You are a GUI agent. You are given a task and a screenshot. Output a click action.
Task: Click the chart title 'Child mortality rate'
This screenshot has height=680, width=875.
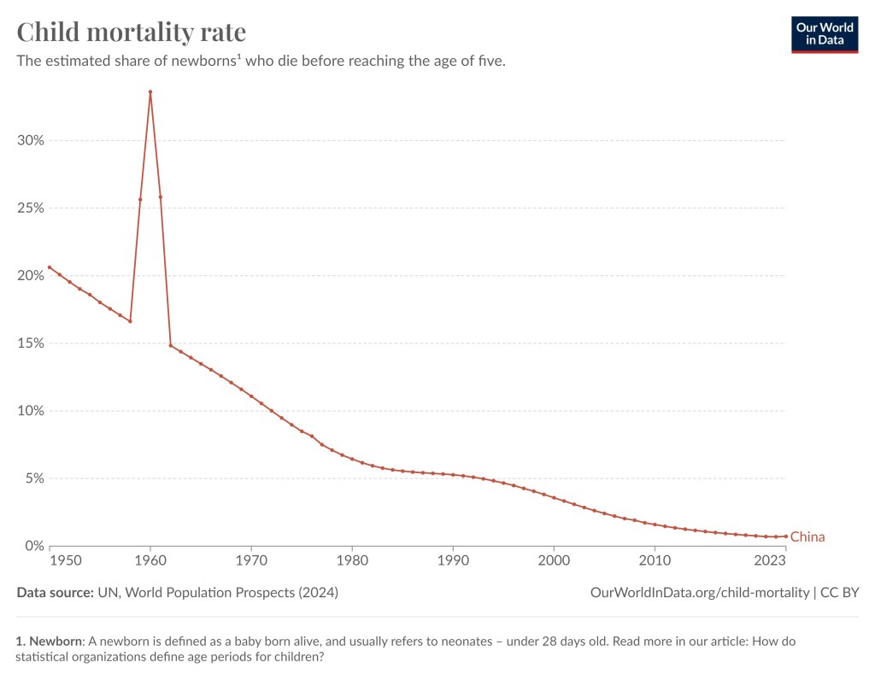(x=132, y=32)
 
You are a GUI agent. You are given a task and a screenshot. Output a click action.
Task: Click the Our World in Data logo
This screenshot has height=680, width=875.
(x=824, y=34)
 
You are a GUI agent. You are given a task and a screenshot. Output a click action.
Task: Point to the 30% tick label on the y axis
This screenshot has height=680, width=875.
(x=31, y=140)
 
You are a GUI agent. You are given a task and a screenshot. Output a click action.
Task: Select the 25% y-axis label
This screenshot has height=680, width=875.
(x=31, y=208)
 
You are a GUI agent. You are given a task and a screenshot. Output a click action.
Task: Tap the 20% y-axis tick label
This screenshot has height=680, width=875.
(x=31, y=275)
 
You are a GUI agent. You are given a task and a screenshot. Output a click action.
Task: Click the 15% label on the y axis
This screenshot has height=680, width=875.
(x=31, y=343)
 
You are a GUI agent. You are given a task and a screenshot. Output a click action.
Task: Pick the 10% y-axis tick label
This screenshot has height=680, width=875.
(x=31, y=410)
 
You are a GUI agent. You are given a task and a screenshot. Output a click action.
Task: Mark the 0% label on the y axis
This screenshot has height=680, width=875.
(x=34, y=545)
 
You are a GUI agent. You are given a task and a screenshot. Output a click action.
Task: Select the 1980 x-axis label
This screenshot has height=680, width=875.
(x=352, y=560)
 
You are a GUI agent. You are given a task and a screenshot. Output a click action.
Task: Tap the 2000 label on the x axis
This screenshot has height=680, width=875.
(x=554, y=560)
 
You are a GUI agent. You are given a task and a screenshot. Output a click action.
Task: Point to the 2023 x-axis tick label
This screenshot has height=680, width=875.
(x=770, y=560)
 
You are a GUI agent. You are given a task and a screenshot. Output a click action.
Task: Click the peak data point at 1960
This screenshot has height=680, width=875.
(x=150, y=91)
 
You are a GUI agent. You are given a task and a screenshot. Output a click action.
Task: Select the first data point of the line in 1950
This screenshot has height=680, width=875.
(x=50, y=267)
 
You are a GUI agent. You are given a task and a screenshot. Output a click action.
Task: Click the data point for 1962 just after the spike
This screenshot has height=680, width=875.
(x=171, y=345)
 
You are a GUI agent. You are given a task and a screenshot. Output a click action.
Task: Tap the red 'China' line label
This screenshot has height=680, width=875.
(x=807, y=537)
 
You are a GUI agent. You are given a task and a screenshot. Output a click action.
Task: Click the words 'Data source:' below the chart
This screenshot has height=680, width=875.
(x=55, y=592)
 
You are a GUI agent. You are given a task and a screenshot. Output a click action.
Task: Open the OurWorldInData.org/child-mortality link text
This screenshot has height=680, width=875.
(x=700, y=592)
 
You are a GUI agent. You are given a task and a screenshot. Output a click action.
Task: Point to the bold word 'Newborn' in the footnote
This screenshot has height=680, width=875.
(x=56, y=640)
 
